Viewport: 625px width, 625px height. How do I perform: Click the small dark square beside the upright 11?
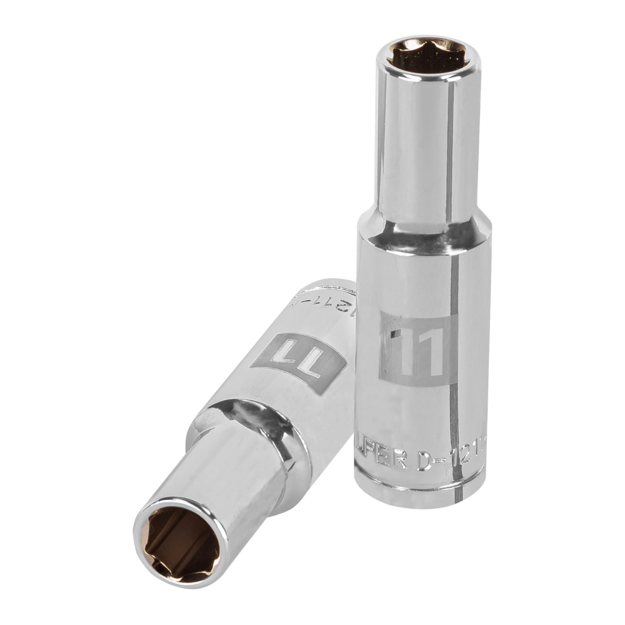392,335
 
